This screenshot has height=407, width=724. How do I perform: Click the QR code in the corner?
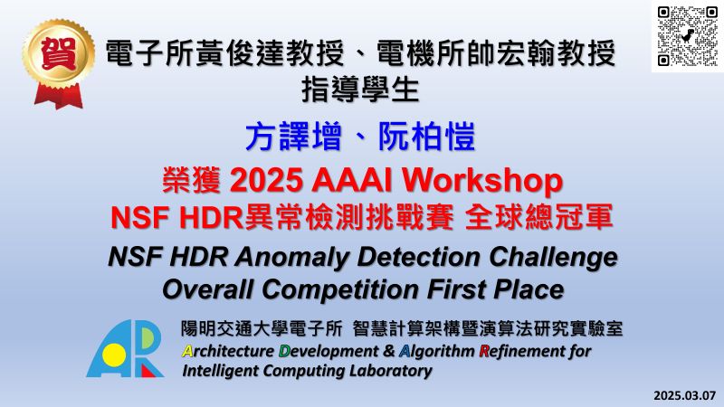click(x=688, y=36)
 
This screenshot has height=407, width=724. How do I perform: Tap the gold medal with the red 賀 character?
click(x=58, y=54)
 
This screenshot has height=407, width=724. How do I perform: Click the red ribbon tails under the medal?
click(x=59, y=96)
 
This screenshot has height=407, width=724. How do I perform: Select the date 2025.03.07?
click(x=684, y=395)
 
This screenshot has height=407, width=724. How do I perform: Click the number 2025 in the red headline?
click(x=266, y=180)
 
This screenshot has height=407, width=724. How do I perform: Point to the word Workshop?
click(x=482, y=181)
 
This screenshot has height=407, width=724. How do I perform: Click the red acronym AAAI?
click(x=352, y=180)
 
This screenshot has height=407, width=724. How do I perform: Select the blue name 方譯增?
click(x=293, y=137)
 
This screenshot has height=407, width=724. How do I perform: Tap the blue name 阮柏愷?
click(x=426, y=137)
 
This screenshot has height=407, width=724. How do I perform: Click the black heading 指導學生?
click(x=360, y=90)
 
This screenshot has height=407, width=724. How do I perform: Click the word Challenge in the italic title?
click(x=553, y=258)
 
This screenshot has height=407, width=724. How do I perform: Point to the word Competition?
click(x=341, y=289)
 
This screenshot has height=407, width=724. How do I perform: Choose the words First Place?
click(x=495, y=289)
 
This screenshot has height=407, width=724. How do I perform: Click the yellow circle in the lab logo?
click(x=114, y=355)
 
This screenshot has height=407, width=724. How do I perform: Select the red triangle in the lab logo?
click(x=148, y=371)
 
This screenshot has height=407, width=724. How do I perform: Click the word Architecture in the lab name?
click(x=228, y=351)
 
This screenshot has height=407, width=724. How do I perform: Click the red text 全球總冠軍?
click(x=538, y=216)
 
